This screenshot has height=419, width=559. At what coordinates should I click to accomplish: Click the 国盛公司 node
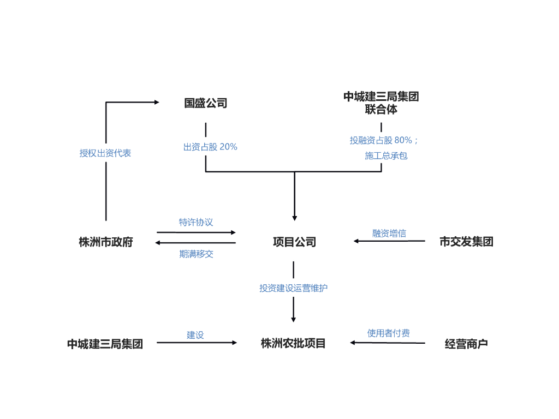click(205, 103)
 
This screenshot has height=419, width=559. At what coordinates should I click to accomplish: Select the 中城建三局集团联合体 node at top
click(381, 103)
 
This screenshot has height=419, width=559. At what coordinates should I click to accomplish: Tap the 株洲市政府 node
click(105, 242)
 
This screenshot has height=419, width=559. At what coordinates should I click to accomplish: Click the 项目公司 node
click(294, 242)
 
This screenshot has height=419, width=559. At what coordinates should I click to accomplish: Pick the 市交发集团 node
click(466, 242)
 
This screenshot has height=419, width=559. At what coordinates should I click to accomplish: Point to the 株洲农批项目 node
click(293, 343)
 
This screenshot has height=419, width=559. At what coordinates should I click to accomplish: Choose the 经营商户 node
click(466, 344)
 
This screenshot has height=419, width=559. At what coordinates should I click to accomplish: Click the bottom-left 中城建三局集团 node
click(105, 344)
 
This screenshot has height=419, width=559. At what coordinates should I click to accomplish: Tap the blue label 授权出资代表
click(105, 153)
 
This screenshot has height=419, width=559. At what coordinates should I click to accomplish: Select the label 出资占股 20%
click(210, 147)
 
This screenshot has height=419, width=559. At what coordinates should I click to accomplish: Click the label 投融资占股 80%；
click(384, 140)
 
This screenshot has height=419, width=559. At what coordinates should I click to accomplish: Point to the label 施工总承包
click(386, 156)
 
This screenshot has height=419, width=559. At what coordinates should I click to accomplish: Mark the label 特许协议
click(196, 222)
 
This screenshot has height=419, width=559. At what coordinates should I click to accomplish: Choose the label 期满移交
click(196, 254)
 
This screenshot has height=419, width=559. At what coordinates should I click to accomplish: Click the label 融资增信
click(389, 233)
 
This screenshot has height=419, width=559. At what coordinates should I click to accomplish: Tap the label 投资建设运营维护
click(293, 288)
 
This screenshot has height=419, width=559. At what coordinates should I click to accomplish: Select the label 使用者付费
click(388, 333)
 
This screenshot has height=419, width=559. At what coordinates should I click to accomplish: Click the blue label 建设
click(195, 334)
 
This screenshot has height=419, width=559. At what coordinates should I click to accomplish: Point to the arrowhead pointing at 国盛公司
click(156, 102)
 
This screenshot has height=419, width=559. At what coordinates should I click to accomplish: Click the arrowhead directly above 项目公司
click(295, 218)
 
